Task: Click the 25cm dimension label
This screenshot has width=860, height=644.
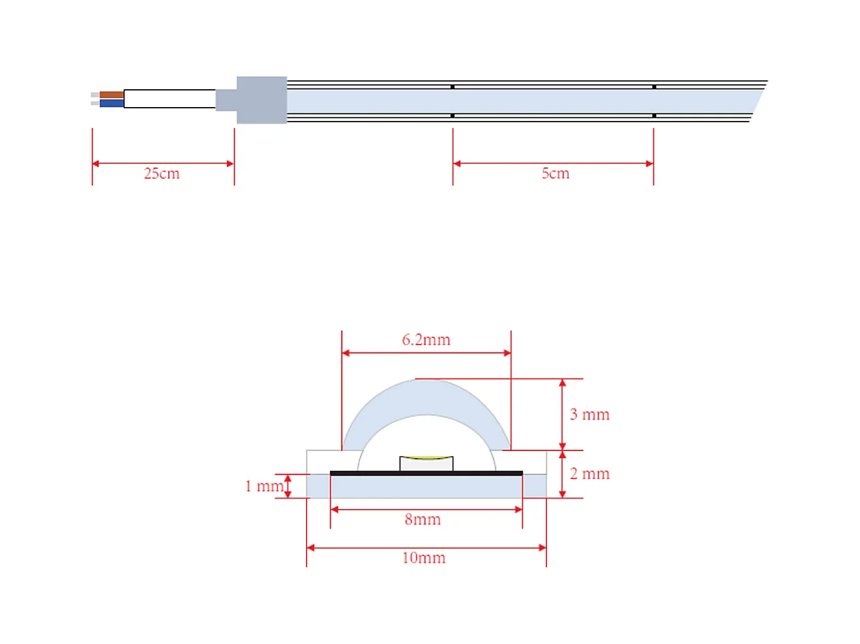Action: (x=161, y=173)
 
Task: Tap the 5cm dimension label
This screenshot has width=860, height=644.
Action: (x=555, y=173)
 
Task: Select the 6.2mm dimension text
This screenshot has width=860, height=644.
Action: (x=426, y=340)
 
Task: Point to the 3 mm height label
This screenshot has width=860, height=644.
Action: (x=589, y=414)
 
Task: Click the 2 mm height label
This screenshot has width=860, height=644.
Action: (x=589, y=474)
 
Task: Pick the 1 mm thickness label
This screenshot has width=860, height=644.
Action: (x=264, y=486)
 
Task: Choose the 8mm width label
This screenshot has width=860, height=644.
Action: (x=423, y=520)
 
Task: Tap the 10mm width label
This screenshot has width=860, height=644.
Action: (x=424, y=558)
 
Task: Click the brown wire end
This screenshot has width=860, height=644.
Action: (x=112, y=95)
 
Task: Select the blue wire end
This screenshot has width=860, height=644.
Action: (x=112, y=103)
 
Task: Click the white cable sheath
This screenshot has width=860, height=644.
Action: (x=170, y=99)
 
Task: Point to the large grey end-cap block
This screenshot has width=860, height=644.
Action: (x=262, y=100)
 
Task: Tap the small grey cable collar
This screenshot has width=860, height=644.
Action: (x=226, y=100)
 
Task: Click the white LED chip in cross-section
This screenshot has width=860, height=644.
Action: (x=426, y=464)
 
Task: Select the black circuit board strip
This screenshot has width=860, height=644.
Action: (x=426, y=473)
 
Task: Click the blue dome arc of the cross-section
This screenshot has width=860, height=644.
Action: (x=426, y=396)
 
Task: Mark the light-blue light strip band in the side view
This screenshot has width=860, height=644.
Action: (x=525, y=101)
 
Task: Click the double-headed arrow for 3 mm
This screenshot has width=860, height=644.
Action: (x=562, y=415)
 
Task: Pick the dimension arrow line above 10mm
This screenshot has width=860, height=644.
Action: (x=426, y=547)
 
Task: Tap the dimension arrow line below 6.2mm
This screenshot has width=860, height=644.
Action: (x=426, y=353)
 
